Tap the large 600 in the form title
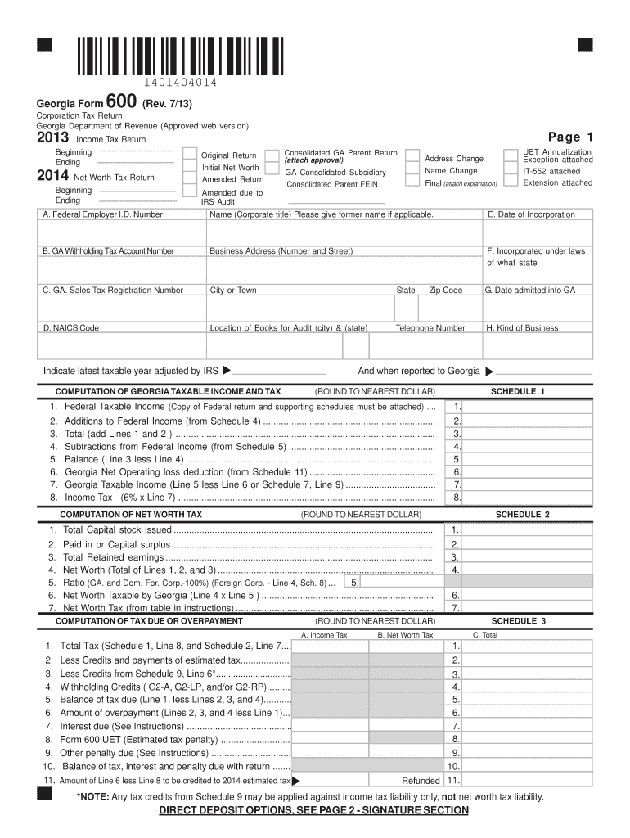(121, 103)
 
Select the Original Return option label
(229, 155)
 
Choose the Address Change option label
(454, 158)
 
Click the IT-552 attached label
(551, 172)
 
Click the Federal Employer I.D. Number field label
(103, 214)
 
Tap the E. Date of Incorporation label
(531, 214)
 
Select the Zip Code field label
(445, 290)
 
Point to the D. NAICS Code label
(71, 327)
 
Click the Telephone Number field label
(430, 327)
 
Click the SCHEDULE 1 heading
(517, 391)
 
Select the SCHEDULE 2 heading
(523, 515)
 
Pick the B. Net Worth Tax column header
(405, 634)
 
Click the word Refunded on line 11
(421, 780)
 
